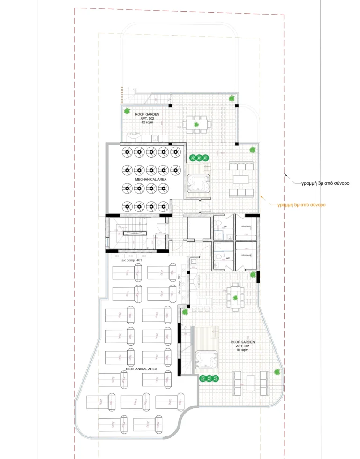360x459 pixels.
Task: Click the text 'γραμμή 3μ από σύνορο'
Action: [325, 184]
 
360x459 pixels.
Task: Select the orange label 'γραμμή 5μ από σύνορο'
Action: [301, 205]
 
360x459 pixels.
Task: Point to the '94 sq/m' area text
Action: [242, 350]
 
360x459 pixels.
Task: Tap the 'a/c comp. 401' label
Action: [131, 260]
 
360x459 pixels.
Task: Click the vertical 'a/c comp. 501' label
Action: [180, 285]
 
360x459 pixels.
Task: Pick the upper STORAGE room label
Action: [246, 226]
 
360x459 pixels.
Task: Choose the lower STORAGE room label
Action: [246, 256]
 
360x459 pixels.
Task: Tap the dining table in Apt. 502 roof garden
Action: [196, 125]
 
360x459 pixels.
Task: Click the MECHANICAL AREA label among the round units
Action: [149, 179]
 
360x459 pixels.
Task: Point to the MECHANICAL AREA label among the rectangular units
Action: [141, 369]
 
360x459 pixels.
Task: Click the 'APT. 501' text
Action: [242, 346]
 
